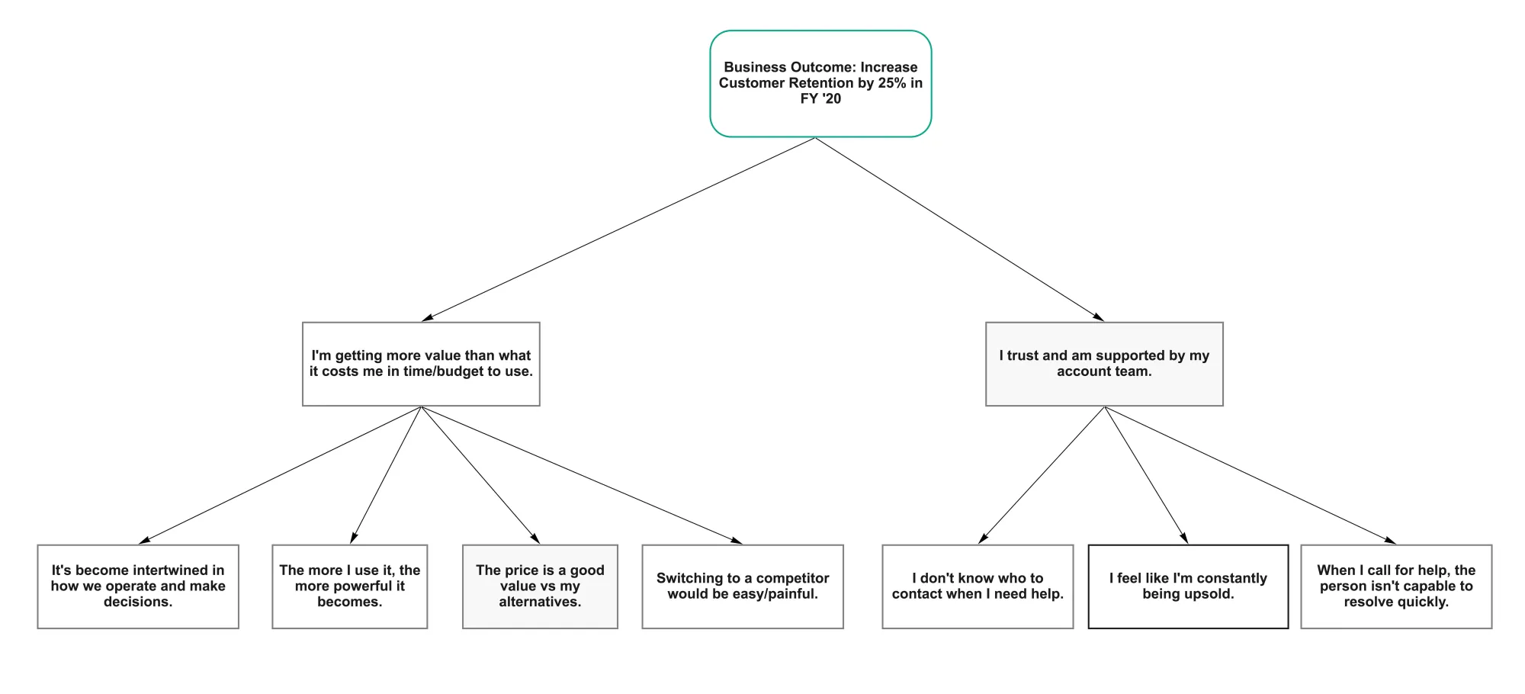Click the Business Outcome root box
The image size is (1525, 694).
pos(820,84)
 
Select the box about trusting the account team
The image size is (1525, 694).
pos(1104,364)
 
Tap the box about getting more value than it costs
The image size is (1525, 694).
pos(421,364)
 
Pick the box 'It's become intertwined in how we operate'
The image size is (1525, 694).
pos(138,586)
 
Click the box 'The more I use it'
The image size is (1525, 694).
pos(350,586)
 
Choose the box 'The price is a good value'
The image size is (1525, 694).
pos(540,586)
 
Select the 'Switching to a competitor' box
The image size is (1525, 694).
pos(743,586)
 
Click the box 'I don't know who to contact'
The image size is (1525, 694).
pos(978,586)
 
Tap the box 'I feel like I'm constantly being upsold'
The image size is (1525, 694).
pos(1188,586)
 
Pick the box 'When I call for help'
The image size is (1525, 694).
pos(1396,586)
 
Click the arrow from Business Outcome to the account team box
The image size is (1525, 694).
pos(959,229)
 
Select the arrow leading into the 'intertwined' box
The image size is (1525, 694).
pos(280,475)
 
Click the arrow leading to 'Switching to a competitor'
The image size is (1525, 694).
pos(582,475)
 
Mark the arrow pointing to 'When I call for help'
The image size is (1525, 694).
pos(1250,475)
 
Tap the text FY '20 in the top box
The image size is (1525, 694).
pos(820,99)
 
